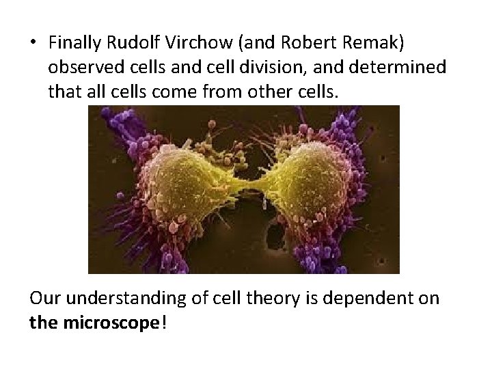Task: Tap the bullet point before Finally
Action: [33, 43]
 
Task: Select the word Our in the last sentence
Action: [44, 299]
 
